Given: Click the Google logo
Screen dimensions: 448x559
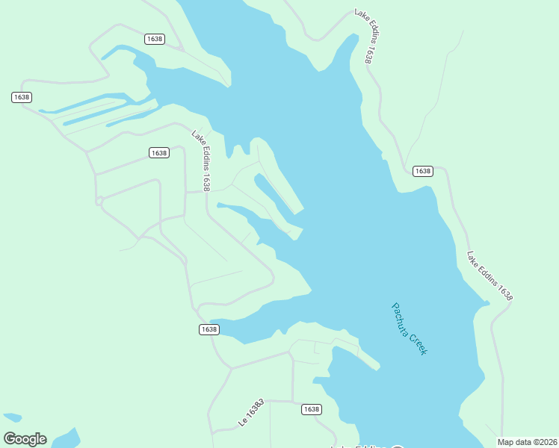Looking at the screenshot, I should click(25, 439).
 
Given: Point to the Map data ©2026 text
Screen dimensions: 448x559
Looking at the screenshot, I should click(527, 442).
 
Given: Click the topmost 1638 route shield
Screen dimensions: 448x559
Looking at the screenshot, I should click(155, 39).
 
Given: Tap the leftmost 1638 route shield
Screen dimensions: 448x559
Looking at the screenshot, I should click(22, 97).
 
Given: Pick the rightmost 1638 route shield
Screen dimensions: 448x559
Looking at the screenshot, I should click(422, 171).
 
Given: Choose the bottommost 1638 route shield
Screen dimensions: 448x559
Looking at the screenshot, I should click(311, 409).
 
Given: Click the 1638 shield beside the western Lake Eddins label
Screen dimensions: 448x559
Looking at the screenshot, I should click(158, 153).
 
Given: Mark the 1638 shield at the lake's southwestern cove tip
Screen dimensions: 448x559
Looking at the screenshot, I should click(209, 329).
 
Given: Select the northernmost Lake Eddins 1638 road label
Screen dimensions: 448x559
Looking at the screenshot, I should click(363, 36).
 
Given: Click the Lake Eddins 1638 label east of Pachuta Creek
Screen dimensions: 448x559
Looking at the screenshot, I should click(490, 276).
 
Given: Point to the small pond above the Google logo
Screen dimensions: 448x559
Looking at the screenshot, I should click(12, 417).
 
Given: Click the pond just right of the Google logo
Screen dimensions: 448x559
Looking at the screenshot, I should click(65, 438).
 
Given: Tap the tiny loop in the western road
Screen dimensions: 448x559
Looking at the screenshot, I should click(99, 200).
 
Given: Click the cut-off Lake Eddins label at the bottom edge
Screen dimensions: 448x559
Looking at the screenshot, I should click(359, 446).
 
